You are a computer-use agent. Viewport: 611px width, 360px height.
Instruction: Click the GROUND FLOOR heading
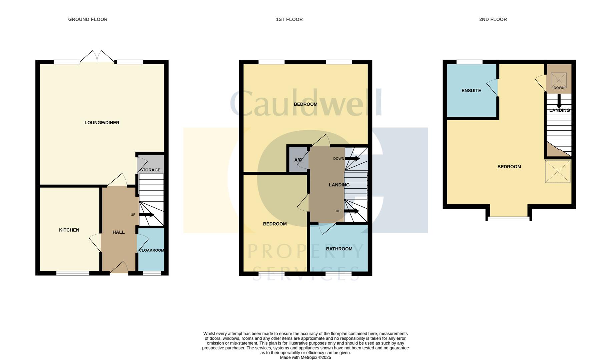(x=88, y=19)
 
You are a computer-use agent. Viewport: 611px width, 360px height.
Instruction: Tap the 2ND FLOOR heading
(x=493, y=19)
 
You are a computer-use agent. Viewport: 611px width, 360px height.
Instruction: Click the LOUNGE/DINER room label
(x=102, y=123)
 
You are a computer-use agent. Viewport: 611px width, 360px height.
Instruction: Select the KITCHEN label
(x=69, y=230)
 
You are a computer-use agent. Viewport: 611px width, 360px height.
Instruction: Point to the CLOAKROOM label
(x=151, y=250)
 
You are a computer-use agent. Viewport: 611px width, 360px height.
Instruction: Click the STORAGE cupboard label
(x=150, y=170)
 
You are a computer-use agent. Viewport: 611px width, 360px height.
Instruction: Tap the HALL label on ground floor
(x=118, y=232)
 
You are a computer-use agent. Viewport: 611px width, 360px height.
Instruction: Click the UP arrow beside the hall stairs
(x=146, y=215)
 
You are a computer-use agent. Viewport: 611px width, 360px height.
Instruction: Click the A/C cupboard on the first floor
(x=298, y=160)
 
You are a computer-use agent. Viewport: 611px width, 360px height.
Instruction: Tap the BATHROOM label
(x=339, y=249)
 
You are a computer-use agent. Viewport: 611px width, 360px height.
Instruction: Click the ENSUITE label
(x=471, y=91)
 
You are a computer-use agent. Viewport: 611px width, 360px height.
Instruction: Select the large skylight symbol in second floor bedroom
(x=558, y=171)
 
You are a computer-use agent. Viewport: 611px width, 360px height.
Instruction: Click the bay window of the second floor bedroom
(x=508, y=219)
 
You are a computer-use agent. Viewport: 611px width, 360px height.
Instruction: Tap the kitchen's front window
(x=73, y=273)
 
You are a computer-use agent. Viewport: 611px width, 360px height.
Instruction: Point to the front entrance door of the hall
(x=119, y=268)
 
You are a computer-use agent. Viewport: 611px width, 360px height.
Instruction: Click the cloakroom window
(x=152, y=273)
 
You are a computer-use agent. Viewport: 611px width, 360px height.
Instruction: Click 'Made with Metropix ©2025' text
(x=305, y=357)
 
